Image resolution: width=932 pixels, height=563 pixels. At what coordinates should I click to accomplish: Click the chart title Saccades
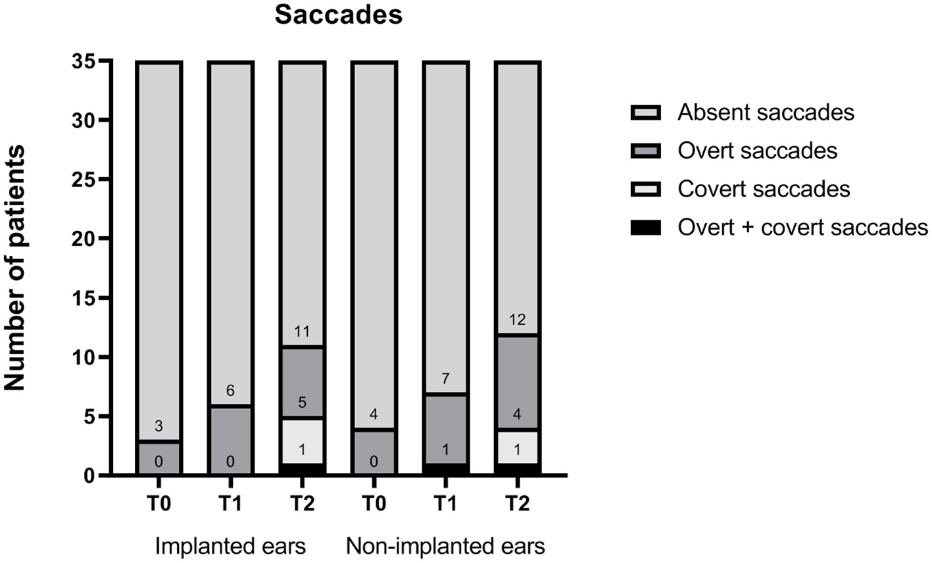[x=338, y=14]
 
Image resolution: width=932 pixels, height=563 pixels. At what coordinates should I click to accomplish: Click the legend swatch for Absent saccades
[x=650, y=112]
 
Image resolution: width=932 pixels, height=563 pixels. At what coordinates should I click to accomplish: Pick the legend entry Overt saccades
[x=757, y=151]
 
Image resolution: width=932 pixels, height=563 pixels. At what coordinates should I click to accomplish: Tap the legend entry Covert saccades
[x=763, y=189]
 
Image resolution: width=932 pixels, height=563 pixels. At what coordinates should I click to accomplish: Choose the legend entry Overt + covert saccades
[x=802, y=228]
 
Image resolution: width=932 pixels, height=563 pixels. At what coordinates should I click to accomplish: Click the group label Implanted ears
[x=230, y=546]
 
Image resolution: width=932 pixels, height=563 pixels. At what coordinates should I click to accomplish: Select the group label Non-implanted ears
[x=445, y=546]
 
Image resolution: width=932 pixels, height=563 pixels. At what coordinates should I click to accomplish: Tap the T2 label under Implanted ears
[x=301, y=504]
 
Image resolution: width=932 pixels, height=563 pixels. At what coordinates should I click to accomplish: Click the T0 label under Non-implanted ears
[x=374, y=504]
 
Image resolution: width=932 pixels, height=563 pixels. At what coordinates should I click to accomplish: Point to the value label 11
[x=301, y=331]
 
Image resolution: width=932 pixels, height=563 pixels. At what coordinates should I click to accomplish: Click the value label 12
[x=517, y=320]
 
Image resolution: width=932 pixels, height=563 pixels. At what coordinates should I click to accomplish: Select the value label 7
[x=445, y=379]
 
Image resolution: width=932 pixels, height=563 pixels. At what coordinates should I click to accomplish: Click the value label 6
[x=230, y=391]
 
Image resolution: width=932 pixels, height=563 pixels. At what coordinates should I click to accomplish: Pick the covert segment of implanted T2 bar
[x=301, y=441]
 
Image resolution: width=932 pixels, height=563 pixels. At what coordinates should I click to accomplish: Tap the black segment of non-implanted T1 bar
[x=445, y=468]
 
